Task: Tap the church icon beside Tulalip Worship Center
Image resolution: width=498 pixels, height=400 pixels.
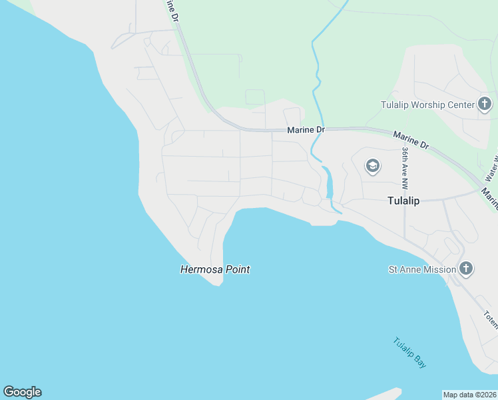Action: (485, 104)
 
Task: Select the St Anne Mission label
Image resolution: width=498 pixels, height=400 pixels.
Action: (422, 269)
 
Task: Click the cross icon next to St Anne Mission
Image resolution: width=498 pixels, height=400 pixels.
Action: (466, 269)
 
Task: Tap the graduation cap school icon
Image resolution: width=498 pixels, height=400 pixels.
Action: (373, 166)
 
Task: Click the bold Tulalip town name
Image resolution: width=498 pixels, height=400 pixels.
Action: (404, 201)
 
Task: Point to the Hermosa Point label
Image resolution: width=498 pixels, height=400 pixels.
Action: (215, 270)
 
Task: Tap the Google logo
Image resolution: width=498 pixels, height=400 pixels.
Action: (22, 392)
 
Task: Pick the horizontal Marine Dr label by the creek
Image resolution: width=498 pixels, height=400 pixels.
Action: (306, 130)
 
